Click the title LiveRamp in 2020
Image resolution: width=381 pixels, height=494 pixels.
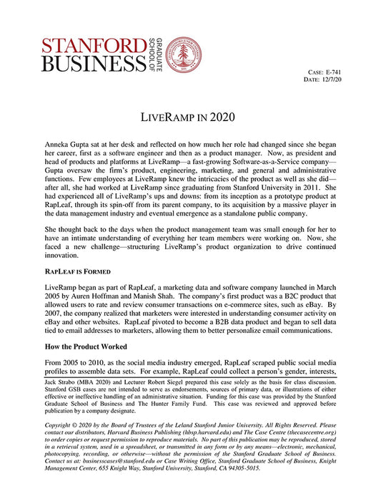coord(190,116)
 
